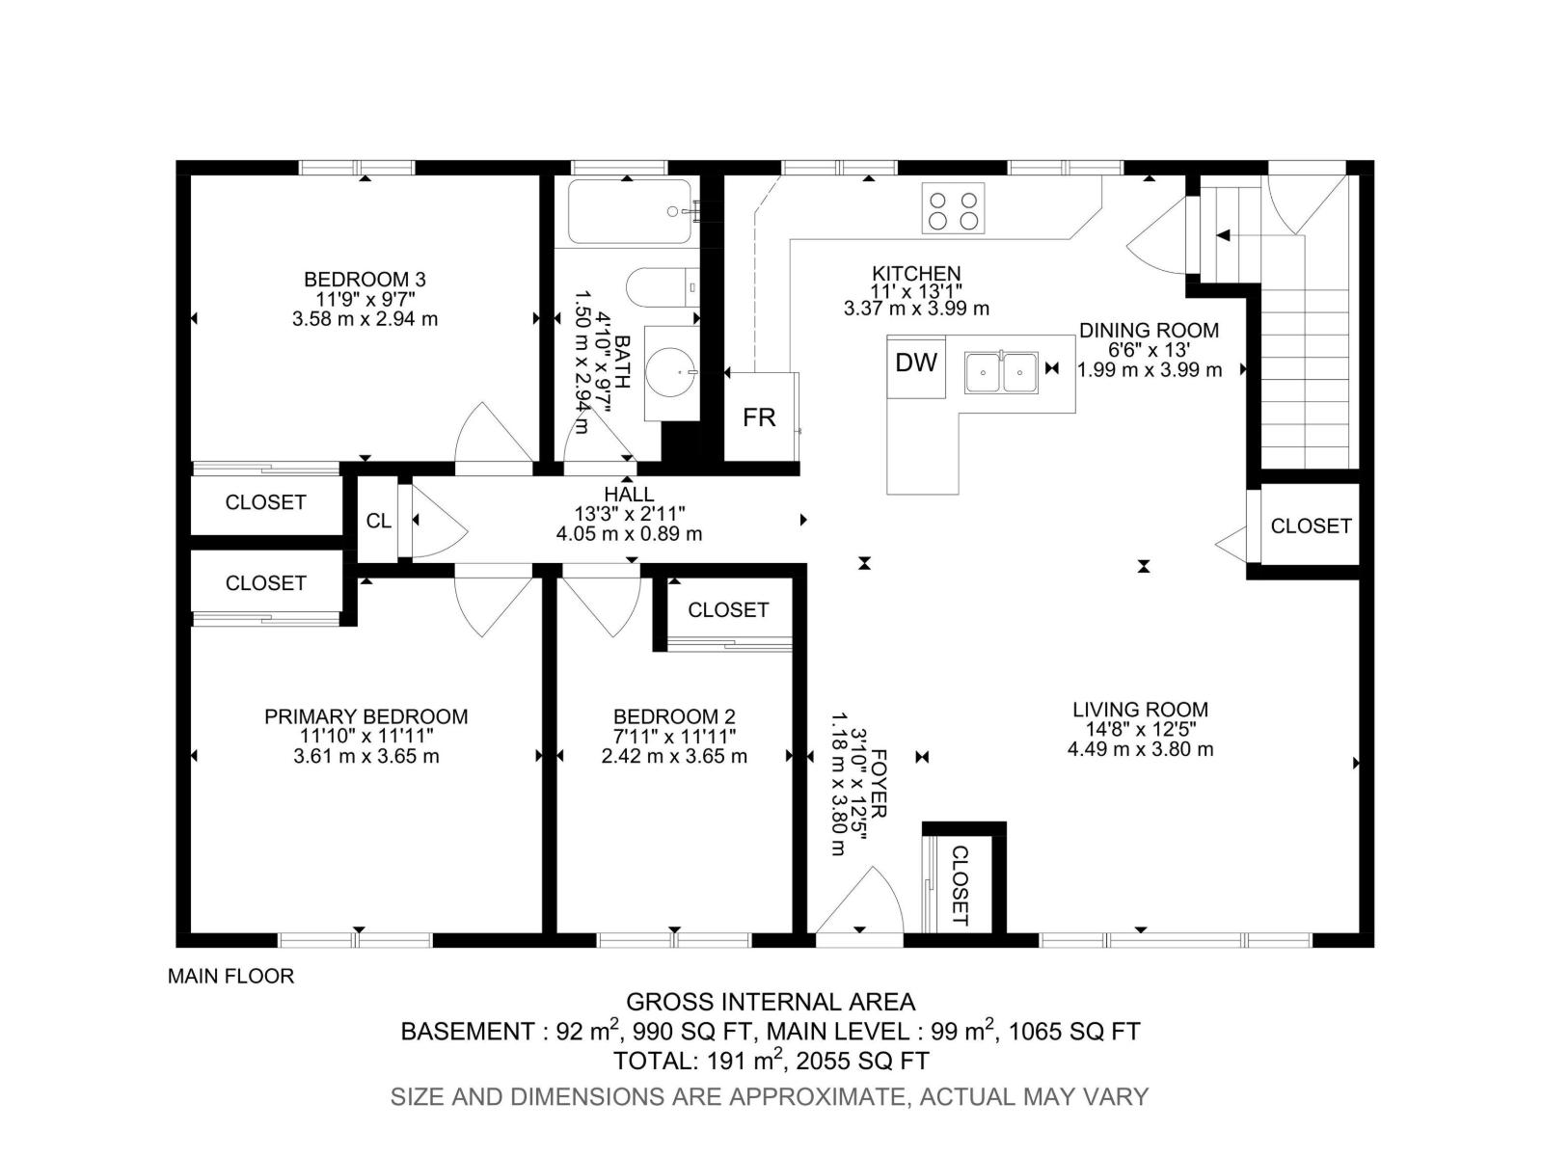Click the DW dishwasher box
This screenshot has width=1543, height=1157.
[916, 364]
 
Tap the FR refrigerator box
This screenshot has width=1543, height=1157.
[760, 417]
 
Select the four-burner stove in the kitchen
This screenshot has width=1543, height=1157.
[953, 208]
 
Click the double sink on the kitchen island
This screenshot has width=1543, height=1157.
[1002, 372]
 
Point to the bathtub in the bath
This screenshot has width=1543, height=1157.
[629, 211]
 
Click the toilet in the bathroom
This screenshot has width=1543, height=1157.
[662, 287]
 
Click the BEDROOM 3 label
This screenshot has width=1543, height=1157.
[365, 280]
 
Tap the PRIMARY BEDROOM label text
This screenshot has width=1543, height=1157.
[365, 716]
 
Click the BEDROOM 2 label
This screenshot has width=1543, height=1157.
[674, 716]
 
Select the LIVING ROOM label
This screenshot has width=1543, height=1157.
[1140, 710]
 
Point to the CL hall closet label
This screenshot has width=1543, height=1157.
[379, 521]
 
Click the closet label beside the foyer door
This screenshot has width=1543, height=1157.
[961, 885]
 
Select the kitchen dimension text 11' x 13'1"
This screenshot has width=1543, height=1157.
[916, 291]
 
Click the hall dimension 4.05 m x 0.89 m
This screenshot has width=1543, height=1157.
[629, 533]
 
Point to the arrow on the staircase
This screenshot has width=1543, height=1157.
[1223, 235]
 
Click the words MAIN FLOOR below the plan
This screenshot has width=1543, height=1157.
[230, 976]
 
